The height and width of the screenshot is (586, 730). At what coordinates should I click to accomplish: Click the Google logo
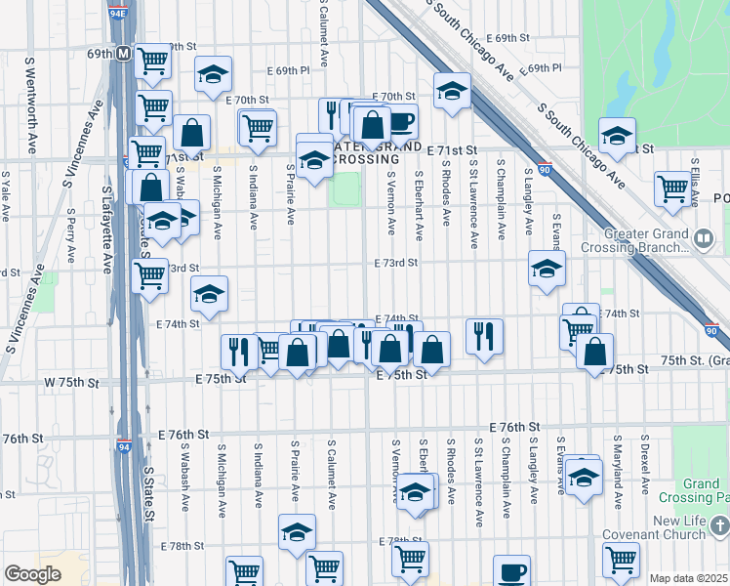tap(32, 573)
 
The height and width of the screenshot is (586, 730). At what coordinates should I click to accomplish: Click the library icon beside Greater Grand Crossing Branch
tap(703, 238)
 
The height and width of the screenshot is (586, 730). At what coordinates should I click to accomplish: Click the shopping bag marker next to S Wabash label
tap(193, 132)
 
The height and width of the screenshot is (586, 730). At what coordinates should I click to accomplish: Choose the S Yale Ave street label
tap(6, 194)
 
